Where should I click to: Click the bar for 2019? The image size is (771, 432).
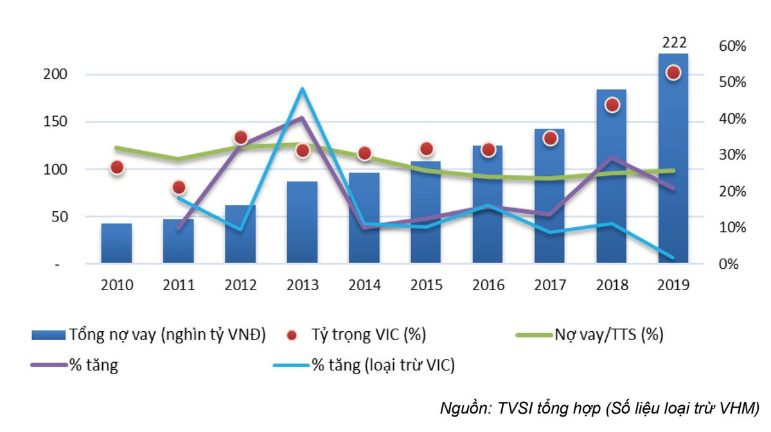[673, 160]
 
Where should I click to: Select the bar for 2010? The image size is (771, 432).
[116, 243]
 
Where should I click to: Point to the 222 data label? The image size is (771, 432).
[673, 43]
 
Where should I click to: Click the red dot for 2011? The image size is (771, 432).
[179, 187]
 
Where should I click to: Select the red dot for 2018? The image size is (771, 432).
[612, 105]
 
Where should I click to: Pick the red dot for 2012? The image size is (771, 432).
[241, 137]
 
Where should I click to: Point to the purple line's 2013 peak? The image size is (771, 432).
[302, 117]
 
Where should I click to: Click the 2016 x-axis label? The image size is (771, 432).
[488, 285]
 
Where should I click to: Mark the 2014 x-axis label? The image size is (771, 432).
[364, 285]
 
